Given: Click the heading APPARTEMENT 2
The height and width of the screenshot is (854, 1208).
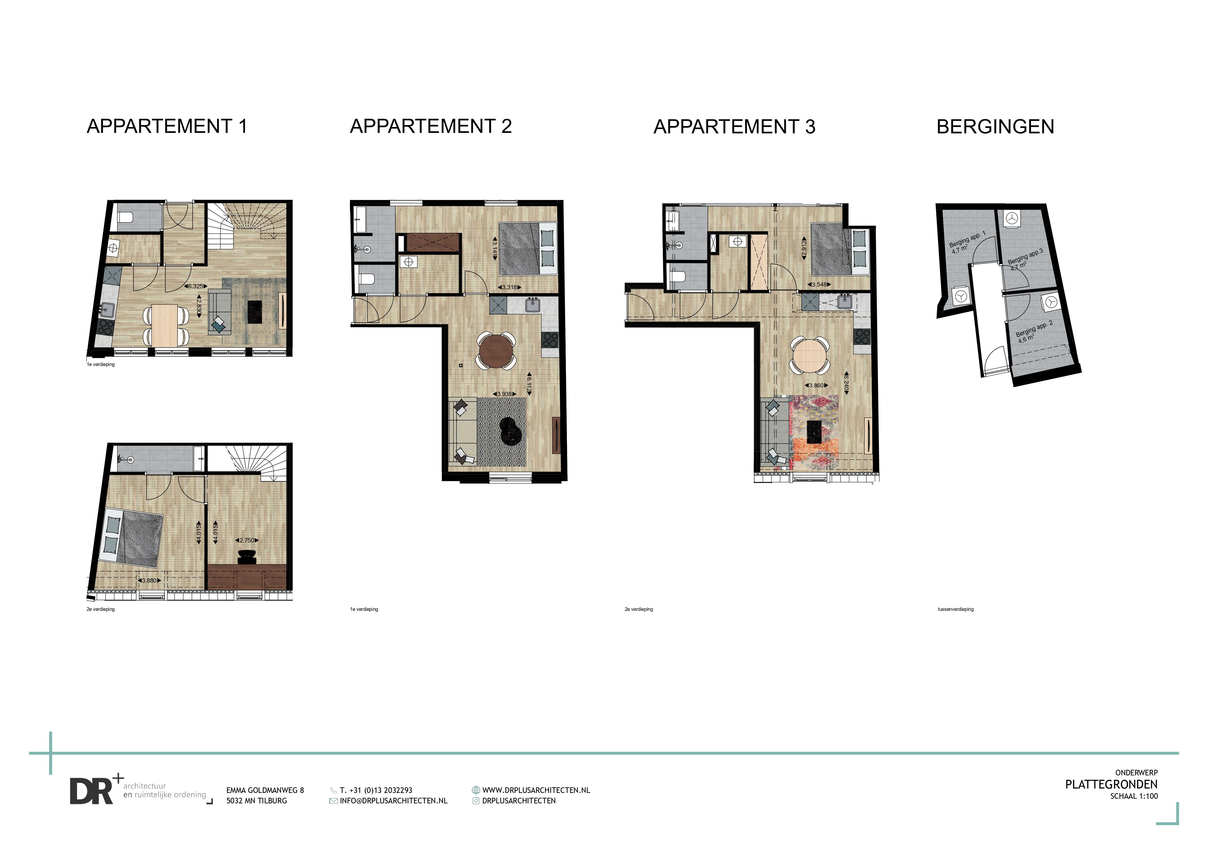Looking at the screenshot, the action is pos(431,126).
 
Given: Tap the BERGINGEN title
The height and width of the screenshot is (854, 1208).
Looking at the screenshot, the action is pos(995,127).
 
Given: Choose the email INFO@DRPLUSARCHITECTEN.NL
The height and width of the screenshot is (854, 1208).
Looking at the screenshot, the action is pos(393,800).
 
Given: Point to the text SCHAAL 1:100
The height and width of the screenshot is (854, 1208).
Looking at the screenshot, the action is pos(1134,796).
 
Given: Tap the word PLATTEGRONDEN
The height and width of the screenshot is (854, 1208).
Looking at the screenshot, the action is pos(1111,784).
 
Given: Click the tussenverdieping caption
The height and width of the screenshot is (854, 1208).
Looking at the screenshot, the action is pos(955,609).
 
